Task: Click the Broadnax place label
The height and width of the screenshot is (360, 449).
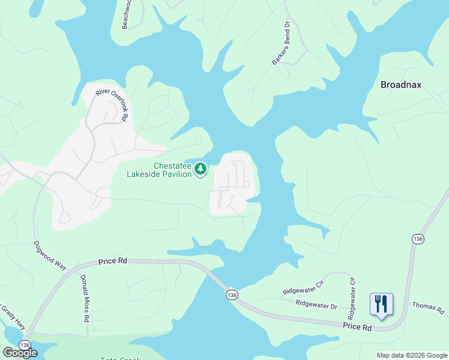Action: (401, 85)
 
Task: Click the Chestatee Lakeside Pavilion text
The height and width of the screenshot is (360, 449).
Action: (159, 170)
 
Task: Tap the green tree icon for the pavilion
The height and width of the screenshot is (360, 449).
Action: (200, 170)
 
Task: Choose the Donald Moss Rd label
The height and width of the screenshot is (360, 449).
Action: (85, 299)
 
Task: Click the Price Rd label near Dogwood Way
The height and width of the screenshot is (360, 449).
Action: (113, 261)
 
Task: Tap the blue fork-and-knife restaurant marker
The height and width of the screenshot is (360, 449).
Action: (381, 304)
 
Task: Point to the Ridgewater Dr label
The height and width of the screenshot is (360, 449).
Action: (317, 304)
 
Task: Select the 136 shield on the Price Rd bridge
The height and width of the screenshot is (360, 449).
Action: (232, 294)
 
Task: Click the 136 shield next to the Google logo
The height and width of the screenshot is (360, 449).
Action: (25, 345)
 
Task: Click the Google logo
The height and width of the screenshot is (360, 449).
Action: (19, 353)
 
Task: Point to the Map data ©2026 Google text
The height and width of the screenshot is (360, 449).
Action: (412, 355)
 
